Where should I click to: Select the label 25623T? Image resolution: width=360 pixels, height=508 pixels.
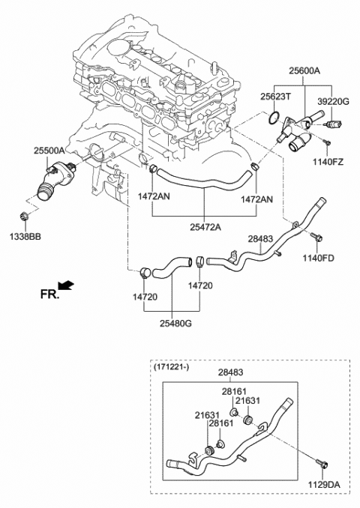(276, 97)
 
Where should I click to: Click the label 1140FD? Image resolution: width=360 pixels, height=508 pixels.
(318, 259)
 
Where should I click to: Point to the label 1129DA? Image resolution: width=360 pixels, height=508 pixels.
(323, 486)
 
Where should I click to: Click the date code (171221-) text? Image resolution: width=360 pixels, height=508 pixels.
(172, 367)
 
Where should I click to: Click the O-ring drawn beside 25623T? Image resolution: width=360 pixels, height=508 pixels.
(276, 117)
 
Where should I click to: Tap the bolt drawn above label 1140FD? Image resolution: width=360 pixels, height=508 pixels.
(316, 240)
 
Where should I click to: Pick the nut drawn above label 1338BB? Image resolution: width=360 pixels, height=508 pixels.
(24, 217)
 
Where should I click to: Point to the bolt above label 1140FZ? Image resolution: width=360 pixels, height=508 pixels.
(327, 141)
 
